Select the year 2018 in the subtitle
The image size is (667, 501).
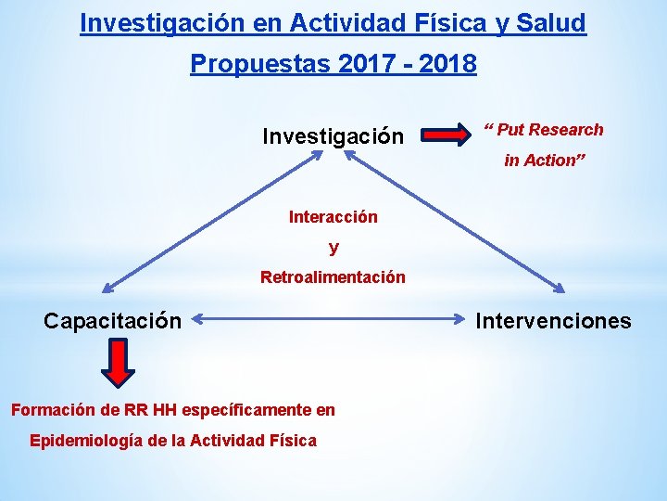[x=447, y=64]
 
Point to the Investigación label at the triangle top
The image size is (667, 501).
[x=333, y=136]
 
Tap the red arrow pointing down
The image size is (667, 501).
[x=118, y=362]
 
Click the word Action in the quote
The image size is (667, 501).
[x=550, y=161]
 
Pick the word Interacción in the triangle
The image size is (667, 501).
[x=333, y=217]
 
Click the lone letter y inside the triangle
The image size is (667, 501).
[x=333, y=248]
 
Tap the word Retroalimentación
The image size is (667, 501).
[x=333, y=276]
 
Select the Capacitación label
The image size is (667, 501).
[x=112, y=321]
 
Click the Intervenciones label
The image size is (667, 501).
[x=553, y=321]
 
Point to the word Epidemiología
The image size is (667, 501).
[x=87, y=440]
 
